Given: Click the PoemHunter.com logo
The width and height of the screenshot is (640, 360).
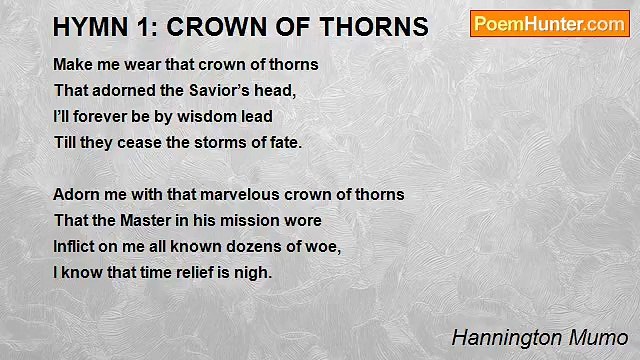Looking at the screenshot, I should point(549,24).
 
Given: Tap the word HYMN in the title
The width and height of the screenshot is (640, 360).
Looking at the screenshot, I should point(85,26).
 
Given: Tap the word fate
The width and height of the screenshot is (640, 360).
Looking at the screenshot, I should point(282,142).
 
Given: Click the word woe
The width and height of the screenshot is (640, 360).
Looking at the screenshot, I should point(324,247).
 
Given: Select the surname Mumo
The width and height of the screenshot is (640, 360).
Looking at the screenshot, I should point(601,337).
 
